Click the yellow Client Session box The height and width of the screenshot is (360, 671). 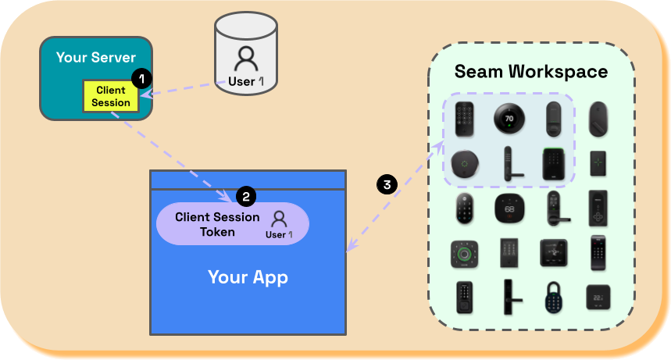(x=111, y=96)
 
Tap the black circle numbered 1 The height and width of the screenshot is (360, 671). (x=141, y=78)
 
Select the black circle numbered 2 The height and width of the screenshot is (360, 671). (x=245, y=195)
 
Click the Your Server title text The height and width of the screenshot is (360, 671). (x=95, y=58)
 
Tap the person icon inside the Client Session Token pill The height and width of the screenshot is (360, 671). (x=279, y=219)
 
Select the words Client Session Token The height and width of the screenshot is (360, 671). (x=217, y=224)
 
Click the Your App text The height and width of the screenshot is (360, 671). (x=248, y=277)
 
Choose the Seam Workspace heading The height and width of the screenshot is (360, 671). (x=531, y=72)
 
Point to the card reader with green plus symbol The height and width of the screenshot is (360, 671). (x=598, y=163)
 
